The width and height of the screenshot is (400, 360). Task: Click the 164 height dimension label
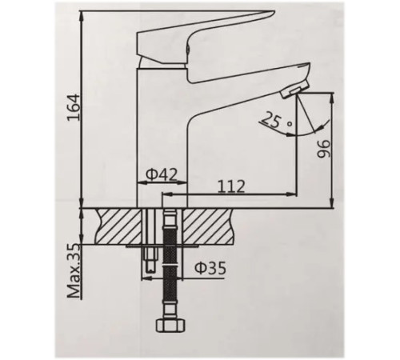(73, 109)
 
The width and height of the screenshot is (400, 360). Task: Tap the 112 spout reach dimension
(230, 186)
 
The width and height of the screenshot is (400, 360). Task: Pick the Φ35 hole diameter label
(210, 268)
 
